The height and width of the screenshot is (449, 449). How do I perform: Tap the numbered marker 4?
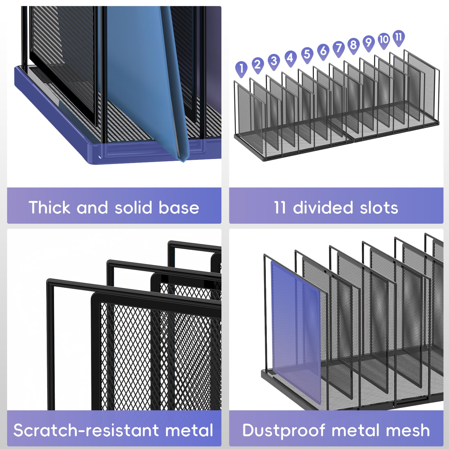(x=290, y=58)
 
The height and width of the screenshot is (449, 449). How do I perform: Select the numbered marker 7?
(x=339, y=49)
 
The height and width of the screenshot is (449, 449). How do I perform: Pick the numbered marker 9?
(x=369, y=43)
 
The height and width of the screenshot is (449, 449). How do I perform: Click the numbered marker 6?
(x=323, y=52)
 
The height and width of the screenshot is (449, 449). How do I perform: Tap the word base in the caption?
(x=179, y=208)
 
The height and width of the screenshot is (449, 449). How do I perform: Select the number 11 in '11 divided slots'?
(x=280, y=208)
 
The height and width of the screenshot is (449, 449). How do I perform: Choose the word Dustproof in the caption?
(x=284, y=431)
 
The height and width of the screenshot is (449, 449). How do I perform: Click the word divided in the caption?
(x=323, y=207)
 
